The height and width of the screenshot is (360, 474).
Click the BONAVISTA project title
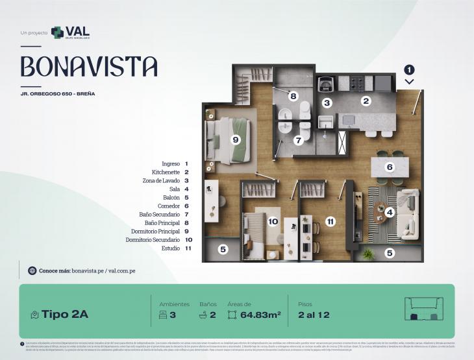[x=89, y=67]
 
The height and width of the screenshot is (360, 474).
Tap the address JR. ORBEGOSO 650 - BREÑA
[x=58, y=94]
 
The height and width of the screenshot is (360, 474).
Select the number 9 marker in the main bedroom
[x=235, y=139]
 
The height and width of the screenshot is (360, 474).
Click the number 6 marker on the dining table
[x=390, y=167]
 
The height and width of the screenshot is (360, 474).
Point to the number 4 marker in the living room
[x=389, y=211]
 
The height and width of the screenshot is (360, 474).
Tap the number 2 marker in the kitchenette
[x=366, y=101]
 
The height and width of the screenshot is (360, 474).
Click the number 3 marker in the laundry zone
[x=327, y=102]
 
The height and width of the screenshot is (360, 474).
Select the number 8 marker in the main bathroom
[x=293, y=96]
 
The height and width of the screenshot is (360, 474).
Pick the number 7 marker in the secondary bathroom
[x=298, y=139]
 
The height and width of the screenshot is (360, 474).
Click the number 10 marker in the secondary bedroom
[x=273, y=221]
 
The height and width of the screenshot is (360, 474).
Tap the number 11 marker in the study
[x=331, y=221]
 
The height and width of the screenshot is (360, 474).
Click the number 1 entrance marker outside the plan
[x=409, y=69]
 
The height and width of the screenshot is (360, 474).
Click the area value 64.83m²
[x=260, y=315]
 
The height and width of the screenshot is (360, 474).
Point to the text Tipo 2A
[x=66, y=315]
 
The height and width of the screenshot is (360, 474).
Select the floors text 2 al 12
[x=314, y=315]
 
